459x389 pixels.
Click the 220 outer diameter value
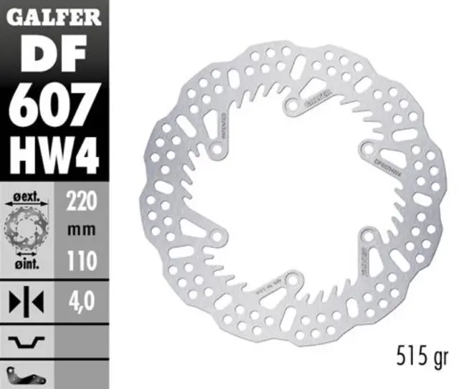pyautogui.click(x=81, y=201)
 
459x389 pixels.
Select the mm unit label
pyautogui.click(x=81, y=231)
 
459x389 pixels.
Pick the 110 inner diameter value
pyautogui.click(x=81, y=262)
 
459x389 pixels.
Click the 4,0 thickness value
pyautogui.click(x=81, y=298)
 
